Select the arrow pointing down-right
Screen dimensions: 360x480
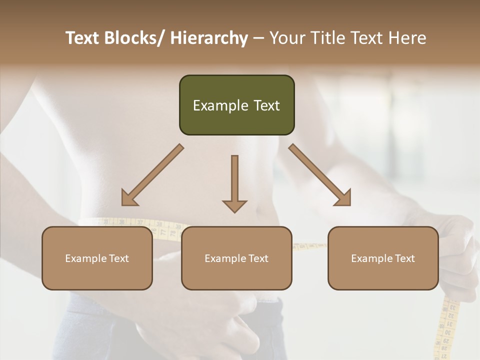pyautogui.click(x=320, y=175)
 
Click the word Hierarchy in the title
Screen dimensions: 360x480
pyautogui.click(x=209, y=38)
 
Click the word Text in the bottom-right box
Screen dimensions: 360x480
pyautogui.click(x=404, y=258)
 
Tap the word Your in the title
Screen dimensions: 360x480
pyautogui.click(x=287, y=38)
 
